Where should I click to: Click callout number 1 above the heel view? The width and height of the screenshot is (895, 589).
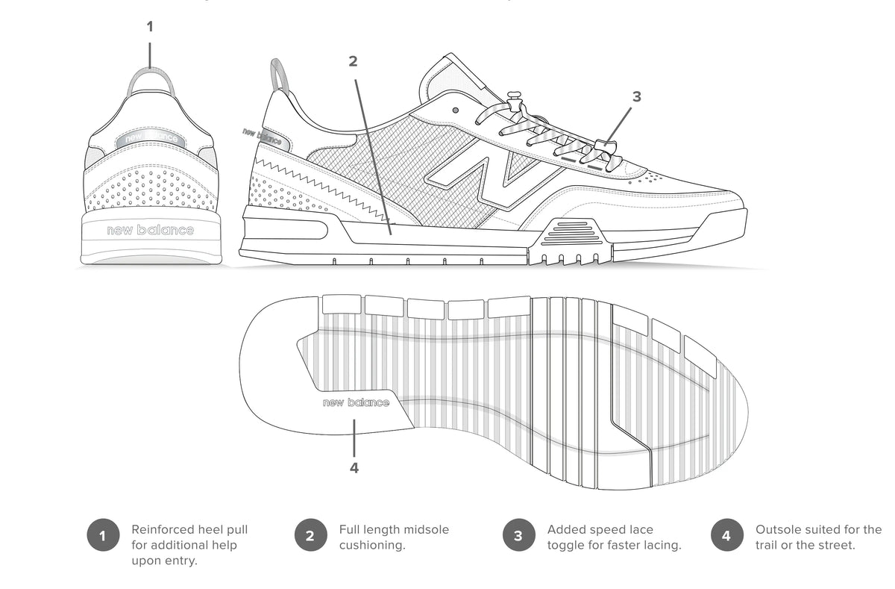pyautogui.click(x=150, y=27)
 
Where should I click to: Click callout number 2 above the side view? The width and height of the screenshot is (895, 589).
pyautogui.click(x=353, y=61)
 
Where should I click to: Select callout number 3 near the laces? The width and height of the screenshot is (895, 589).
pyautogui.click(x=636, y=96)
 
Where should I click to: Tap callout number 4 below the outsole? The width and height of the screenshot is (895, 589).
pyautogui.click(x=354, y=468)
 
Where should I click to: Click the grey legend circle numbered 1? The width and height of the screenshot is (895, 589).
pyautogui.click(x=103, y=535)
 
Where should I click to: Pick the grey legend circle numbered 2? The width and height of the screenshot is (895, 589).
pyautogui.click(x=311, y=535)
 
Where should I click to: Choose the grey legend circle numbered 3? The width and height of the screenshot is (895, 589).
pyautogui.click(x=518, y=535)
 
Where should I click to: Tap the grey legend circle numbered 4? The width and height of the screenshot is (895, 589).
pyautogui.click(x=727, y=535)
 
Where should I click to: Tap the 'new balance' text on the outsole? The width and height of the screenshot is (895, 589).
pyautogui.click(x=356, y=402)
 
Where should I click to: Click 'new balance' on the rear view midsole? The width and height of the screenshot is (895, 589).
pyautogui.click(x=150, y=230)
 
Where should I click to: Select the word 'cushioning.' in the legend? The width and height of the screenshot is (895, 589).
pyautogui.click(x=372, y=545)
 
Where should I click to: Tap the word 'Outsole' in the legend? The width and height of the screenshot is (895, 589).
pyautogui.click(x=776, y=529)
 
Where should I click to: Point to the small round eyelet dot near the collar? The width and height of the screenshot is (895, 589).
pyautogui.click(x=456, y=110)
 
